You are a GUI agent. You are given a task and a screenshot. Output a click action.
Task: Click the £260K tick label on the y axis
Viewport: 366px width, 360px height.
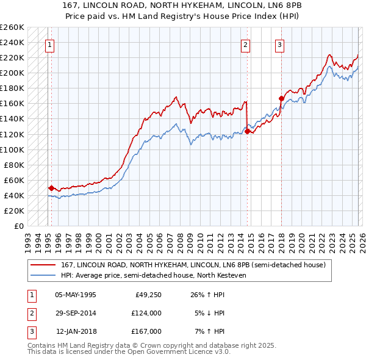(x=12, y=27)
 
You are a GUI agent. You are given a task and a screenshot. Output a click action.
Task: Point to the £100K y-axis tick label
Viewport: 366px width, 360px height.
(x=12, y=149)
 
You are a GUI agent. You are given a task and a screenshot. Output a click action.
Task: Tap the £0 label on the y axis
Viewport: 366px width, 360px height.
(x=20, y=226)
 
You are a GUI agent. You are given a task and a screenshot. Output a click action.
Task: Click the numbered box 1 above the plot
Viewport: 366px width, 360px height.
(x=49, y=44)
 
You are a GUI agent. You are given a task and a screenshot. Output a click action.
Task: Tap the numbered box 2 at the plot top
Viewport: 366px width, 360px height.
(x=245, y=44)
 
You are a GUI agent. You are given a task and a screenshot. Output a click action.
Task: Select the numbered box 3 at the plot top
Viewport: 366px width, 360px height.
(x=279, y=44)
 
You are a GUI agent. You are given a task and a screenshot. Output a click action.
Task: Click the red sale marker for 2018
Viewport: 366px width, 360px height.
(x=281, y=98)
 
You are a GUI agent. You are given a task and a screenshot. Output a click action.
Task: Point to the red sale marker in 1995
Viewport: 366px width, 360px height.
(x=51, y=188)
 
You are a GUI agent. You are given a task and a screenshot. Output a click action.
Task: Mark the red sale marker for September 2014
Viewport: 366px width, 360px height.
(x=247, y=131)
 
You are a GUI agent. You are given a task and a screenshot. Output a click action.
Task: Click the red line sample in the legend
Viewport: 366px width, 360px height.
(x=43, y=265)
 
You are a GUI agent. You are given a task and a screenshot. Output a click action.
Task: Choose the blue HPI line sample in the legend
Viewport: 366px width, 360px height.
(x=43, y=275)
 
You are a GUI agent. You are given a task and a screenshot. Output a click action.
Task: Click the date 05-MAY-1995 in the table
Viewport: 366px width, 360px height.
(x=76, y=295)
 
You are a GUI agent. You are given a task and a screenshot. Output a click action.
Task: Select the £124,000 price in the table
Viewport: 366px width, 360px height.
(x=146, y=313)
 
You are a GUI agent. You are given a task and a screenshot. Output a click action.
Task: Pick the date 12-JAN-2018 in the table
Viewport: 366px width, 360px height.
(x=76, y=331)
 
